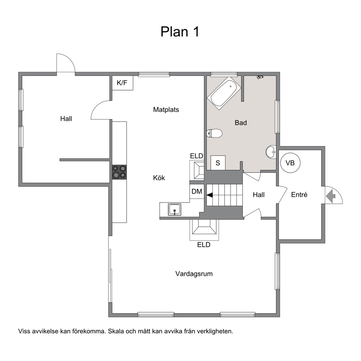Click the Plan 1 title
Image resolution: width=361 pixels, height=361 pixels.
click(179, 32)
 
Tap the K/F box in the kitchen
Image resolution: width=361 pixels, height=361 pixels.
click(123, 83)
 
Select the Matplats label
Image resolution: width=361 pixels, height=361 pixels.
click(166, 110)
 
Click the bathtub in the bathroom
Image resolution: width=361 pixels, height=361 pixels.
click(224, 93)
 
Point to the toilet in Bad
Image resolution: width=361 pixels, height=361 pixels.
click(214, 133)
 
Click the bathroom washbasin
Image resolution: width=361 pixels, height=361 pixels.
click(271, 152)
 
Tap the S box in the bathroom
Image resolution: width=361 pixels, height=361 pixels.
click(218, 163)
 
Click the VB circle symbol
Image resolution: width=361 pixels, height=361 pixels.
click(290, 163)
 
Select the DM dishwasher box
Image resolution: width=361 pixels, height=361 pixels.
click(197, 191)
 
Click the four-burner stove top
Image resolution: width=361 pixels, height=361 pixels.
click(119, 172)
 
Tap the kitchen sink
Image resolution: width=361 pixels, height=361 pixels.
click(175, 210)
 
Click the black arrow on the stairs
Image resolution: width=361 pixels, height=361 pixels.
click(210, 195)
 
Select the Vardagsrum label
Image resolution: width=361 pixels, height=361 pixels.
click(194, 274)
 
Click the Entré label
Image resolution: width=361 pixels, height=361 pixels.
click(299, 195)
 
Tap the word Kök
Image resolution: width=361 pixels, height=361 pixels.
click(159, 178)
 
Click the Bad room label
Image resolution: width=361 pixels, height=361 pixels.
click(241, 123)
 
